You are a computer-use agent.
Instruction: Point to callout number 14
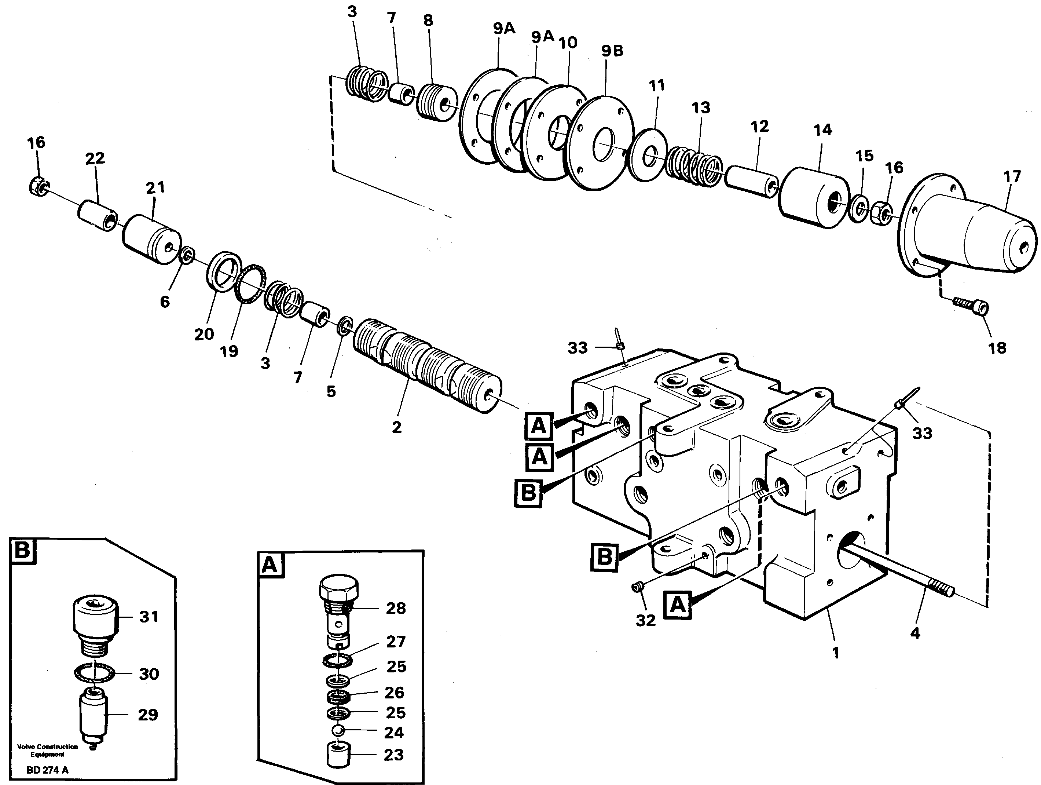click(822, 129)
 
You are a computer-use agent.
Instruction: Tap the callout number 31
click(149, 616)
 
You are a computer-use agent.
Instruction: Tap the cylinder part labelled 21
click(151, 239)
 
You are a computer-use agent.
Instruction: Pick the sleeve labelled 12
click(752, 181)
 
